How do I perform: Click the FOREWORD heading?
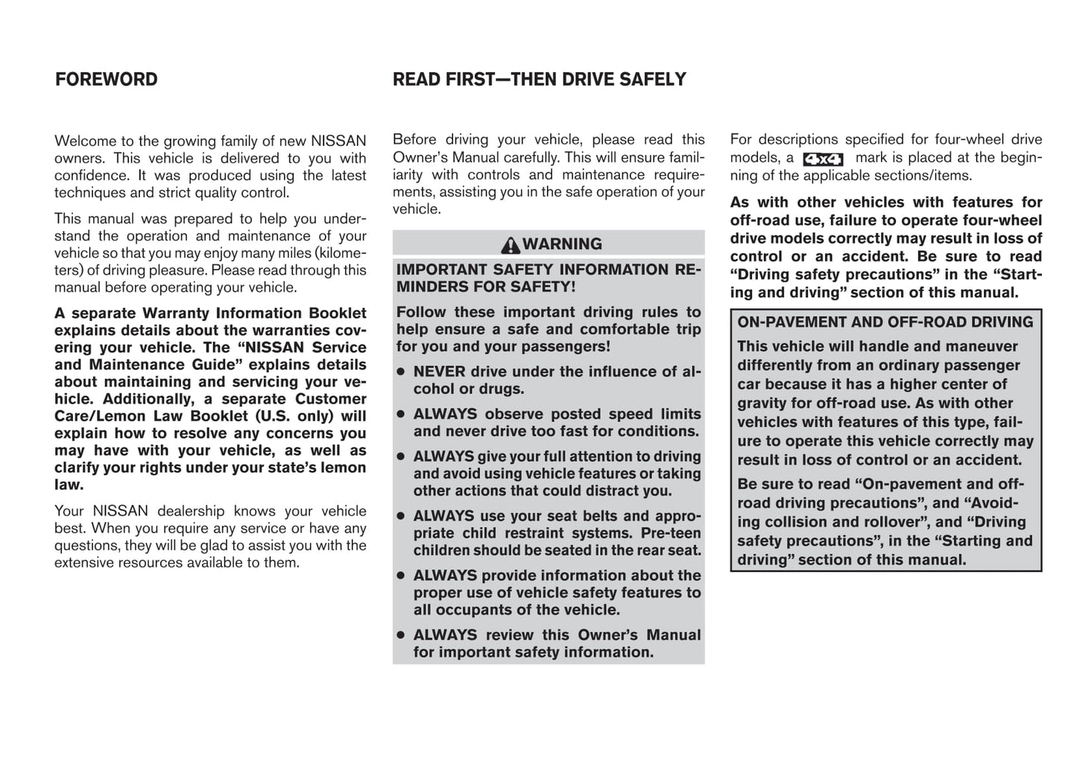click(x=106, y=80)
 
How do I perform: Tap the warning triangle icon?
click(x=511, y=245)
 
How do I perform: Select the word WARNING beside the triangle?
click(x=562, y=244)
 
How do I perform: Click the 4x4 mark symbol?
click(x=823, y=159)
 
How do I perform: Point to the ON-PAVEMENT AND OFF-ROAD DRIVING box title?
click(x=885, y=323)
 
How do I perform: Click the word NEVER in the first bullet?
click(x=440, y=372)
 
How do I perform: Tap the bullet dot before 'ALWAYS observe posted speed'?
click(x=401, y=414)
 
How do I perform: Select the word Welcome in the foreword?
click(x=84, y=141)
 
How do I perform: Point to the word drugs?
click(x=503, y=389)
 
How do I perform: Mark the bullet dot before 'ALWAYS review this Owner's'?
click(x=401, y=635)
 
